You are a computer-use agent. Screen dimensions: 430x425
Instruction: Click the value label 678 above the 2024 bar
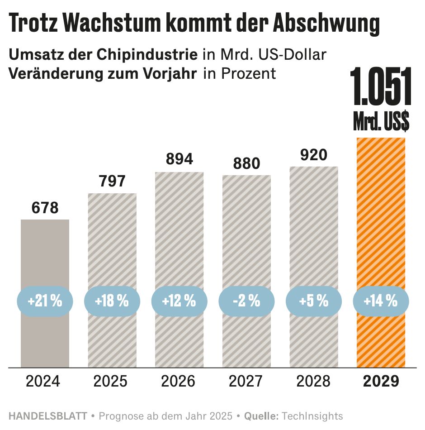(45, 208)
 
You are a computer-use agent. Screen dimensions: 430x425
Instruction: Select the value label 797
(112, 182)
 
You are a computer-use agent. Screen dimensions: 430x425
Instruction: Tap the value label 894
(179, 159)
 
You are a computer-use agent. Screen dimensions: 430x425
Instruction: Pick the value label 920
(314, 155)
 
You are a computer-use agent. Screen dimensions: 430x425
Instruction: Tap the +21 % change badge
(45, 301)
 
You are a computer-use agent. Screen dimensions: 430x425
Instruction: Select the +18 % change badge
(112, 301)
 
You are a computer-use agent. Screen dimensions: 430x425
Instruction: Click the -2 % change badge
(246, 301)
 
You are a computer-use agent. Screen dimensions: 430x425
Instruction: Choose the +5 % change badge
(314, 301)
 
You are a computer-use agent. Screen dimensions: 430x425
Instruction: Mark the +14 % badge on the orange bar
(381, 301)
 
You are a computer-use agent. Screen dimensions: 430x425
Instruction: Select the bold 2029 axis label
(382, 381)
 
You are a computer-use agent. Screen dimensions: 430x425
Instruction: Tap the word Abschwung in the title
(326, 23)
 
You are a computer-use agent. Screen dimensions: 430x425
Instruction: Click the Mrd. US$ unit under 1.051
(381, 122)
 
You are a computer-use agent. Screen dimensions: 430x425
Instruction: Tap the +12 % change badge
(179, 301)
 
